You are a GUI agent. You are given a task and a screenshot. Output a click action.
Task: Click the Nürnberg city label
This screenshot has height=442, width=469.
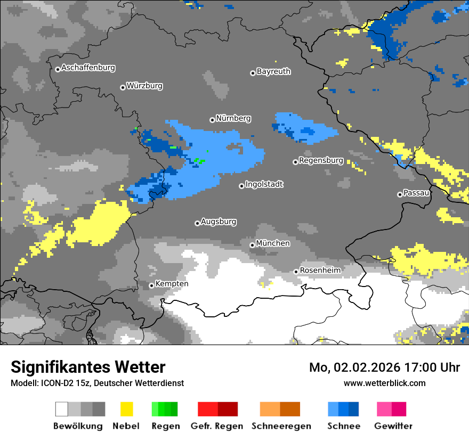233,118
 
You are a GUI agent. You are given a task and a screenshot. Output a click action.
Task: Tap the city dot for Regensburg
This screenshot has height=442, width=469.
295,161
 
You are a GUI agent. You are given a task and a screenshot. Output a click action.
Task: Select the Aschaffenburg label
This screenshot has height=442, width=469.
88,68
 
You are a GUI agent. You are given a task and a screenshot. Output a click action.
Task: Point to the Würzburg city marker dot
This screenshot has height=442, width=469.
123,87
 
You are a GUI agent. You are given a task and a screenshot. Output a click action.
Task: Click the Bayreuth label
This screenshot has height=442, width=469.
273,71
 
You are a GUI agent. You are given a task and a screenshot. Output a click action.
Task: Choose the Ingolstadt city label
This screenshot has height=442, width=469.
264,184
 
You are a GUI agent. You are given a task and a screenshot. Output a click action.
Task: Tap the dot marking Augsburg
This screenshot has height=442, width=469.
197,223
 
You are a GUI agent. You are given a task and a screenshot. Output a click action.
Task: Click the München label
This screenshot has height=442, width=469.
273,243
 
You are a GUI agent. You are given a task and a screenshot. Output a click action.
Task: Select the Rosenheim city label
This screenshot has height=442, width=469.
320,270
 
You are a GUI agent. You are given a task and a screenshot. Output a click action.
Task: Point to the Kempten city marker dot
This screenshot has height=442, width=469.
151,285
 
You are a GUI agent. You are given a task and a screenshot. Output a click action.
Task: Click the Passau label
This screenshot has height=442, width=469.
417,193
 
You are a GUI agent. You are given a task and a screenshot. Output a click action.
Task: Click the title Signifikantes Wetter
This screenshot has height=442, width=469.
88,367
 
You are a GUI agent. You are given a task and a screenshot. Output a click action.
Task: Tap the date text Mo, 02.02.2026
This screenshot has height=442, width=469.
347,367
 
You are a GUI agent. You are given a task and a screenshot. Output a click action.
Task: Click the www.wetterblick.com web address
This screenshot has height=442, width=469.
385,383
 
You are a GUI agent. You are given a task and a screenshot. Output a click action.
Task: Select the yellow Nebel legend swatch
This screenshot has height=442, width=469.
126,409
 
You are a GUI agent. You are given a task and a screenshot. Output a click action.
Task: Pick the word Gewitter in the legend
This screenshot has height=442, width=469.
393,426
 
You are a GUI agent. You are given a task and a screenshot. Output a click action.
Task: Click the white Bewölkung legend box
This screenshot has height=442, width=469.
62,409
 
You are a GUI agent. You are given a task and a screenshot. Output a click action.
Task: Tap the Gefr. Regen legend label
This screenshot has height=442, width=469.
217,426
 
